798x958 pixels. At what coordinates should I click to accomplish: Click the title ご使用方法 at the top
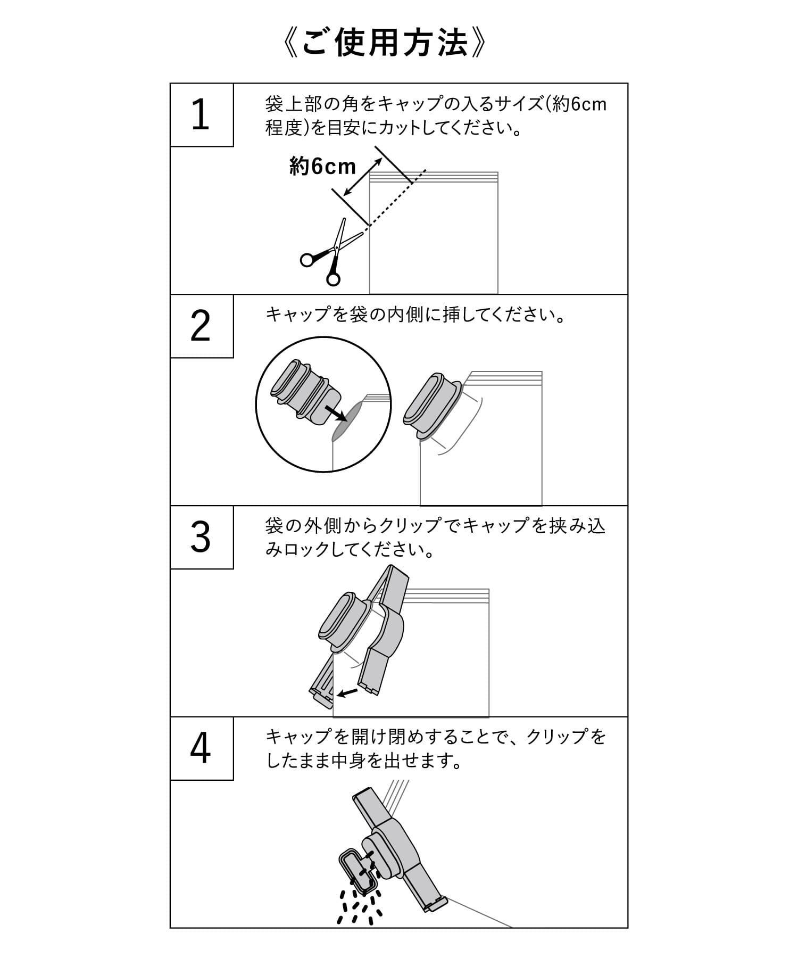point(385,44)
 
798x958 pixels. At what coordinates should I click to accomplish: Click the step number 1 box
point(201,115)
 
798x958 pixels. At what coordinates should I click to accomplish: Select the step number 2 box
point(201,326)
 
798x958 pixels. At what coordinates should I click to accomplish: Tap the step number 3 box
point(201,537)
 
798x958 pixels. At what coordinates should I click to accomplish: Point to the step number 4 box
point(201,748)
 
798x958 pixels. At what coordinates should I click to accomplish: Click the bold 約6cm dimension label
point(322,167)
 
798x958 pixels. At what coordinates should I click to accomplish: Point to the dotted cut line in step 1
point(396,199)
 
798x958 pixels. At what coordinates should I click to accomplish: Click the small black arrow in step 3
point(348,692)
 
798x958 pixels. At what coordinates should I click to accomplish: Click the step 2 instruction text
point(415,315)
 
